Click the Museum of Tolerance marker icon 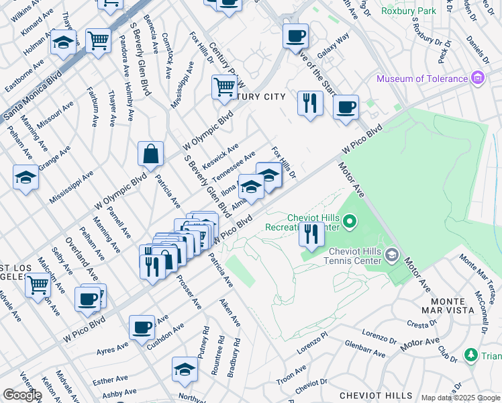[x=478, y=79]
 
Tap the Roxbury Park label [x=408, y=11]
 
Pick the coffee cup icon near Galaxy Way [x=295, y=36]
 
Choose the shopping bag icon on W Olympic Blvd [x=151, y=154]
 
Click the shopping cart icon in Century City [x=223, y=87]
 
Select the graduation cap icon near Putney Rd [x=185, y=369]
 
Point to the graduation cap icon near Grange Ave [x=26, y=178]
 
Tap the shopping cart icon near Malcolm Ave [x=38, y=285]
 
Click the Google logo [x=22, y=395]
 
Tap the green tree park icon [x=471, y=354]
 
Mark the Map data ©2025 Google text [x=460, y=398]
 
